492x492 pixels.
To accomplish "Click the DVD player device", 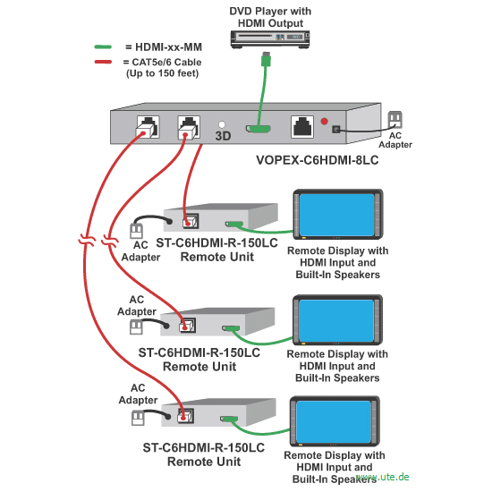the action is point(270,39).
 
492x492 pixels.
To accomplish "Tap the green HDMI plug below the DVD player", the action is point(266,59).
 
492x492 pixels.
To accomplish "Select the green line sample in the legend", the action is point(103,47).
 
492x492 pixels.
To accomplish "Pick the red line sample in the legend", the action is point(103,62).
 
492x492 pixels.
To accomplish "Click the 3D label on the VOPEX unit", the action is point(223,136).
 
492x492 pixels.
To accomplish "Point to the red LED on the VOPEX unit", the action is point(325,121).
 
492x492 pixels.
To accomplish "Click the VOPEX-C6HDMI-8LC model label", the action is point(318,160).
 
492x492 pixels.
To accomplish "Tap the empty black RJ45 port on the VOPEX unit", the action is point(302,126).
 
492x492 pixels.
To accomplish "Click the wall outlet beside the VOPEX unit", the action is point(395,120).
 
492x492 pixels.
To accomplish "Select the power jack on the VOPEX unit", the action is point(336,129).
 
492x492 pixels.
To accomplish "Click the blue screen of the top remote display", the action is point(337,215).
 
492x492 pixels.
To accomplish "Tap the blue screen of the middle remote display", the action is point(336,320).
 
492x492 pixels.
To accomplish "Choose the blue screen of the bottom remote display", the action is point(334,421).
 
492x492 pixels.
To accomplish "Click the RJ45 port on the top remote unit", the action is point(191,221).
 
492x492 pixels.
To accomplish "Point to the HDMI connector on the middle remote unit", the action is point(231,328).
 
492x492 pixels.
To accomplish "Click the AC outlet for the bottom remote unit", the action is point(138,419).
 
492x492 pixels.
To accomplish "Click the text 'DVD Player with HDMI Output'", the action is point(270,17).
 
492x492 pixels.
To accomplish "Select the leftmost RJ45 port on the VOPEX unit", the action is point(148,127).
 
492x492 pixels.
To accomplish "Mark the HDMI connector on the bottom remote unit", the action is point(229,419).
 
